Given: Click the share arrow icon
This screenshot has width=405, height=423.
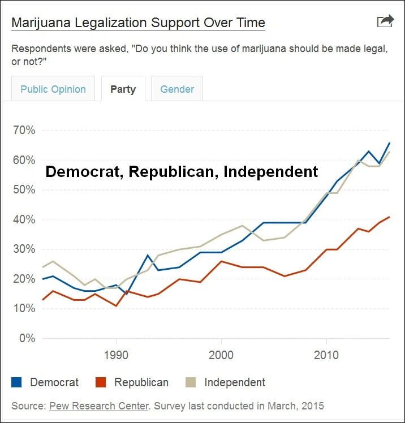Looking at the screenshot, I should coord(385,21).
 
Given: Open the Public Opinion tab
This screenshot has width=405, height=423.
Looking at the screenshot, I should coord(53,89).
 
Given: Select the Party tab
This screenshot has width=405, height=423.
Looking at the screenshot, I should coord(123,89).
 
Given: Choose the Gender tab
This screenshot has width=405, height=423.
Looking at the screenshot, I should coord(177,89).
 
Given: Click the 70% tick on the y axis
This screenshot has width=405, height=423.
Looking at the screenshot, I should coord(23,131).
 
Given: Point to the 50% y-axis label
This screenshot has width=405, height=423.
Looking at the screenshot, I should coord(23,190).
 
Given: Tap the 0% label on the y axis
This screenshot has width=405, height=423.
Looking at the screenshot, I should coord(26,338).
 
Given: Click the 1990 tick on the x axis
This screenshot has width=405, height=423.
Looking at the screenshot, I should coord(116,356).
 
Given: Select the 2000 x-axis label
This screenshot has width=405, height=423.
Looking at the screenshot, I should coord(221,356).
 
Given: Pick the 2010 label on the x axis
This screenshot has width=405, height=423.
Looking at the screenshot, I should coord(326,356).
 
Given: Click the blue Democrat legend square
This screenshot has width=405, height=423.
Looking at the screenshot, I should coord(17,382).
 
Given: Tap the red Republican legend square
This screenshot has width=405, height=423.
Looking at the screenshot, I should coord(101,382).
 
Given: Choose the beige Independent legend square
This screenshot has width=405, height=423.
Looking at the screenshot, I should coord(191,382).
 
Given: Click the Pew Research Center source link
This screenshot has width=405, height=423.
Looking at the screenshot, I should coord(99,406).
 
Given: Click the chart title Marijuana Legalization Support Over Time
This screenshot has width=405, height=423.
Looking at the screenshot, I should coord(138,23).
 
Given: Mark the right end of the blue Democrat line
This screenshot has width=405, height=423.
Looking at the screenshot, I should coord(390,143).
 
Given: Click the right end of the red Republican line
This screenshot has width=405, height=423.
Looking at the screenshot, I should coord(390,217).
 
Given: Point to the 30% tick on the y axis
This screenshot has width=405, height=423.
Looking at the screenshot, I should coord(23,249).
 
